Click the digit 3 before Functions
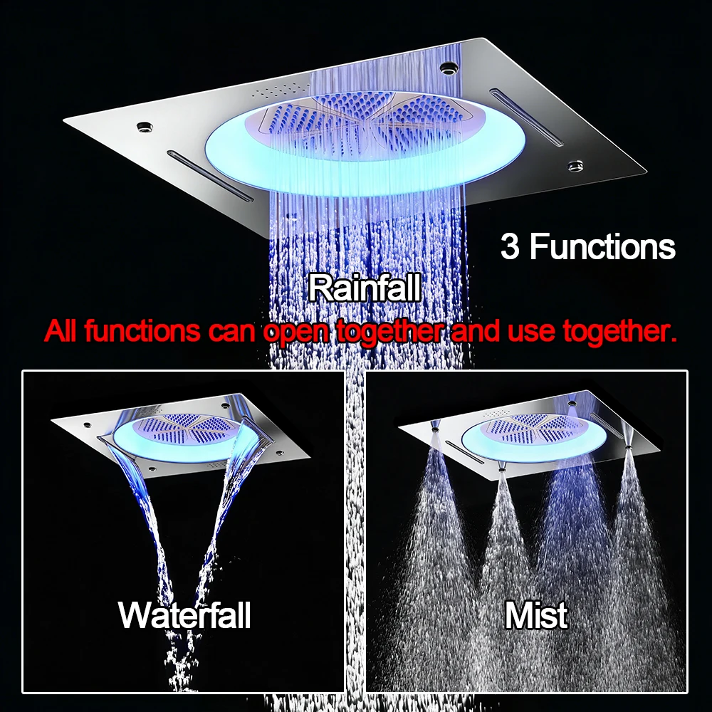click(x=510, y=246)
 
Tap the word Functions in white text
click(x=603, y=246)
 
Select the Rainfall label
click(x=365, y=288)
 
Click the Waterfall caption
click(x=184, y=615)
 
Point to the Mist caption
click(x=536, y=615)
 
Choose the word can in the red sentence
click(x=233, y=332)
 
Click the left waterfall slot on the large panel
click(x=209, y=175)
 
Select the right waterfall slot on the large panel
click(x=527, y=117)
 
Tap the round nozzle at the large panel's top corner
click(x=447, y=68)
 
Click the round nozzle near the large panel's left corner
click(x=145, y=127)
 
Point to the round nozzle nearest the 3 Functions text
click(x=575, y=166)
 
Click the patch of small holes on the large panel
click(x=278, y=90)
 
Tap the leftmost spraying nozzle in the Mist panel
click(x=436, y=426)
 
